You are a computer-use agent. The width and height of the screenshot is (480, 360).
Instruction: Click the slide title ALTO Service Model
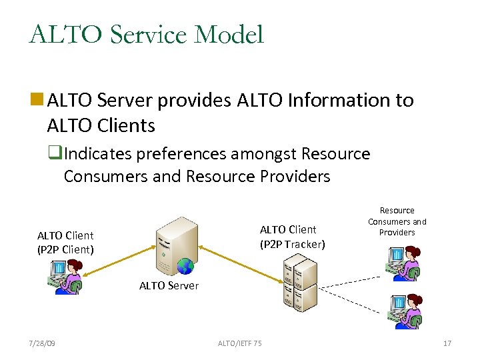147,34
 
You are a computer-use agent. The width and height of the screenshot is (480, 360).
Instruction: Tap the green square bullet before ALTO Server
37,101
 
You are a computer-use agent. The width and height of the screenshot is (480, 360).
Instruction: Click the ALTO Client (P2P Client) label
65,243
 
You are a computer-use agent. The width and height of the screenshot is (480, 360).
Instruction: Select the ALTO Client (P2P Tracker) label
292,237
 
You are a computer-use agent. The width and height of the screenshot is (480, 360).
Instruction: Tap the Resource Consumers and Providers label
397,221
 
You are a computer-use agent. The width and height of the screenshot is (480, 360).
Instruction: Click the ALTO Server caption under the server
169,285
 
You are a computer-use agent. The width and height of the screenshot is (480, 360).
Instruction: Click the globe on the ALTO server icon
185,267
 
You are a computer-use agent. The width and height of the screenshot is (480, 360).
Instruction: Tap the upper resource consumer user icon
403,263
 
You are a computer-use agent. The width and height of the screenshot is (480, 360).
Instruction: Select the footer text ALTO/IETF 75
240,343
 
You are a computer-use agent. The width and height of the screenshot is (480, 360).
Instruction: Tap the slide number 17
447,343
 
